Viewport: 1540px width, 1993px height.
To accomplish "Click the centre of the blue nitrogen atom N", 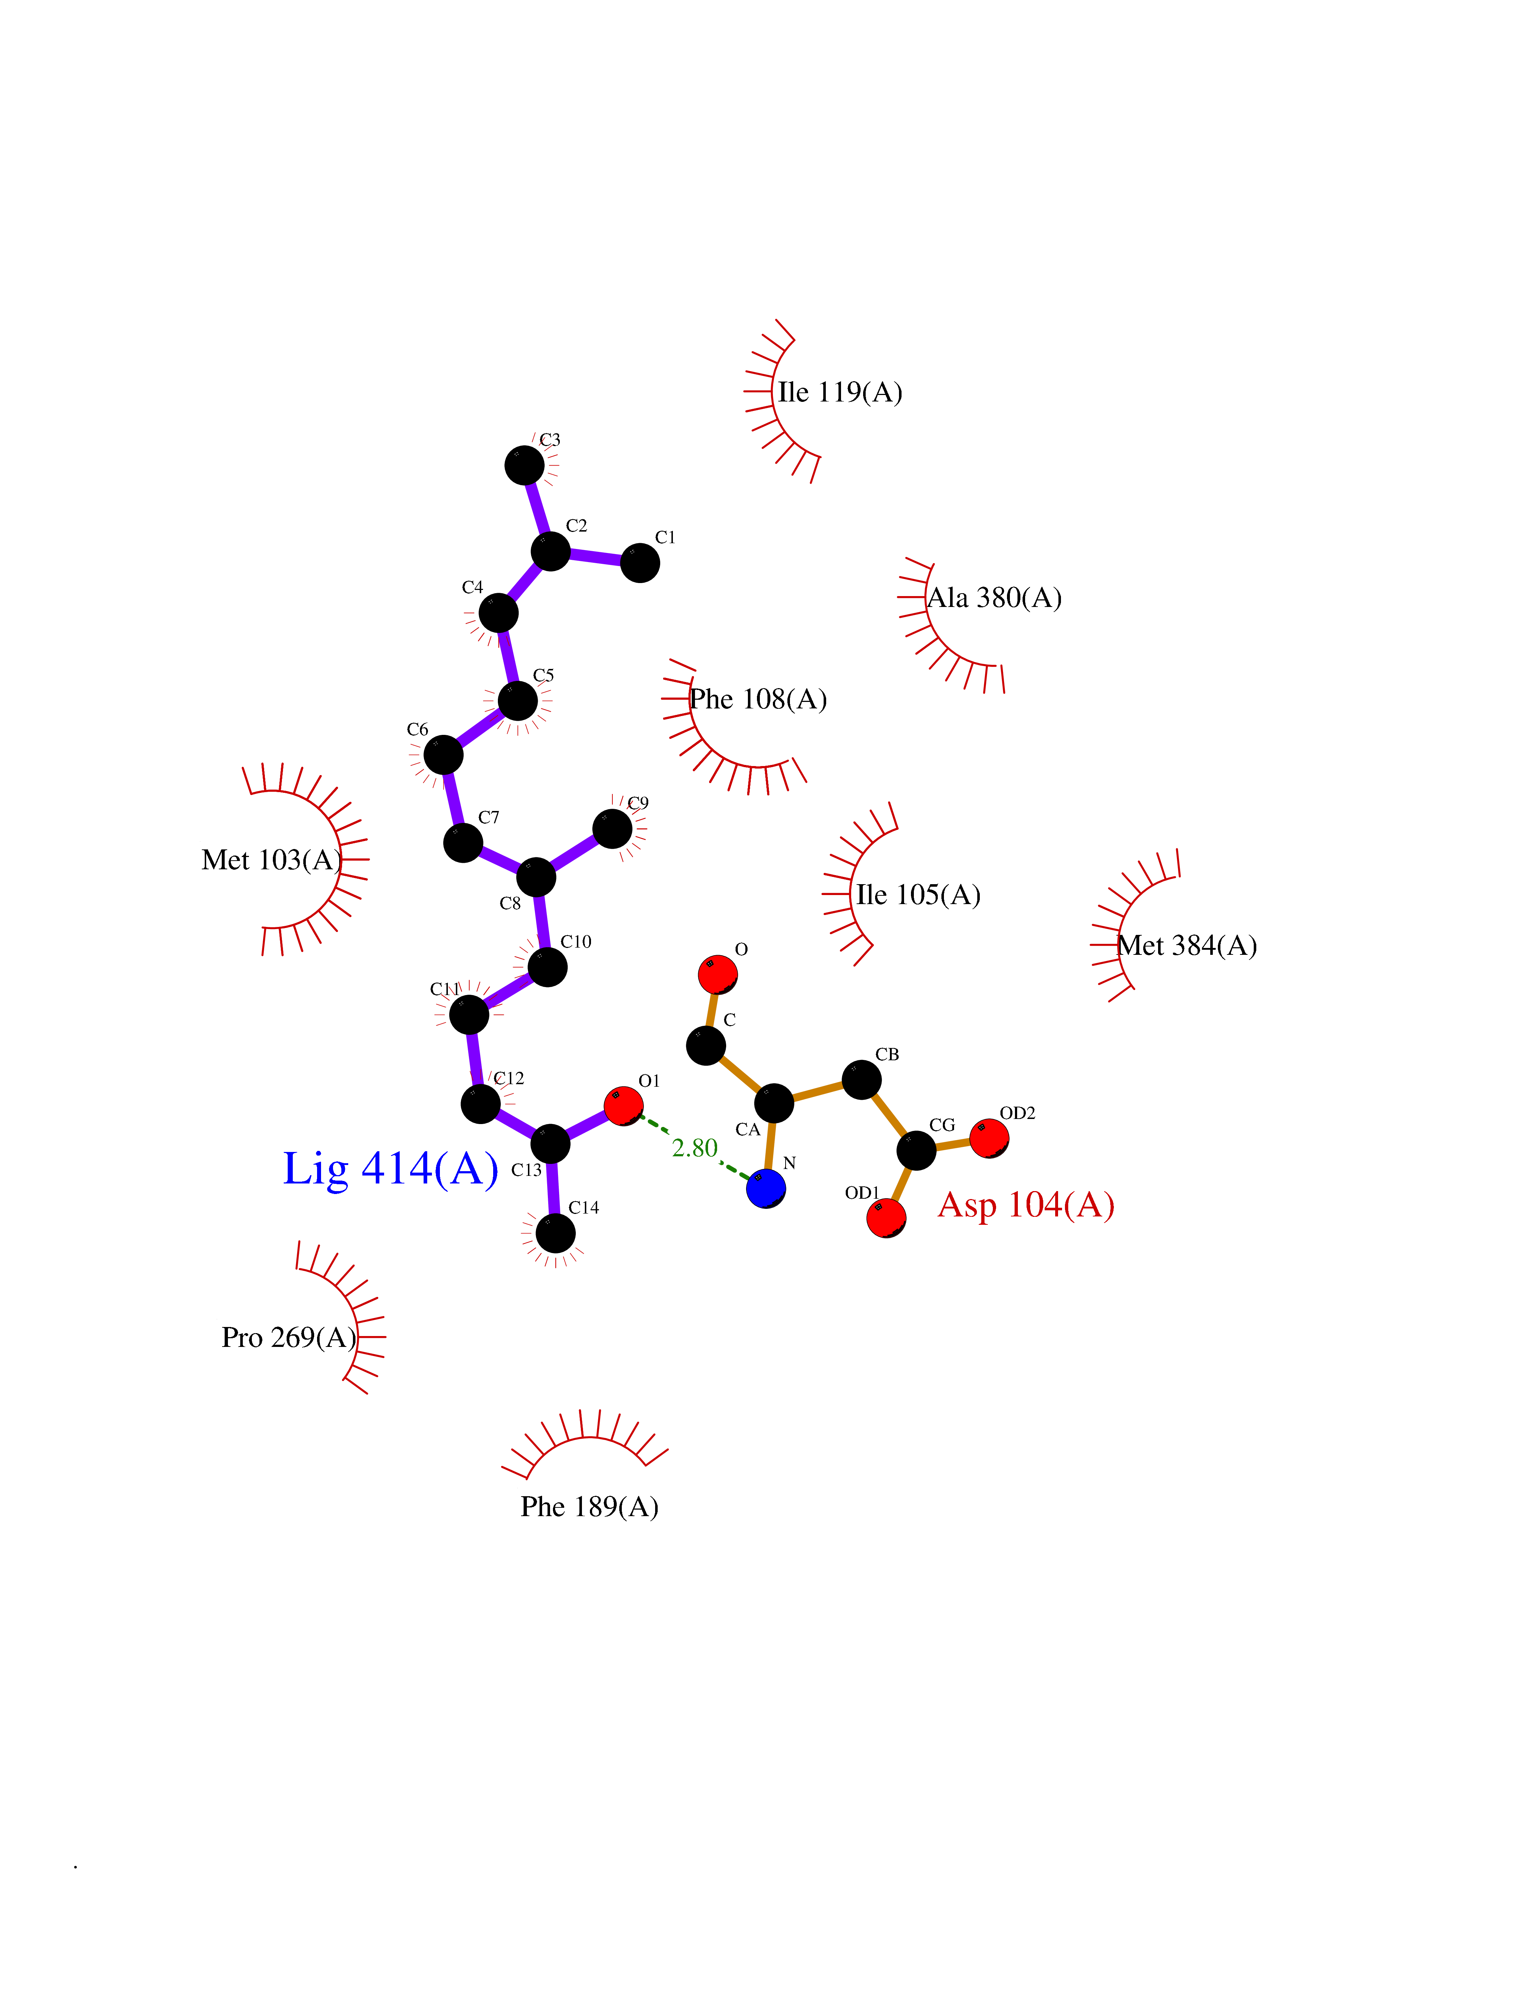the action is [x=765, y=1188].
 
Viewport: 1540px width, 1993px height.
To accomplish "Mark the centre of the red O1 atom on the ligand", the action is [x=623, y=1106].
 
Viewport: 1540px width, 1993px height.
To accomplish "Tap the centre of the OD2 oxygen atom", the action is [x=989, y=1138].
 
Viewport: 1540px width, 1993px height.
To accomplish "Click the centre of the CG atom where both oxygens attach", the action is [x=916, y=1150].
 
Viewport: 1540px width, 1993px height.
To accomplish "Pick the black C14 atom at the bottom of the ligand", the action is [x=555, y=1234].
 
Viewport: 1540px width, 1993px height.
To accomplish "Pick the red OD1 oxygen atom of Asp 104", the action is [x=886, y=1218].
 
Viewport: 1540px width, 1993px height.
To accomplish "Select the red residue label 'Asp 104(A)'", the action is [x=1026, y=1206].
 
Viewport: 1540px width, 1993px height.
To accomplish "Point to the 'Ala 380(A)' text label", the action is [x=994, y=598].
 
